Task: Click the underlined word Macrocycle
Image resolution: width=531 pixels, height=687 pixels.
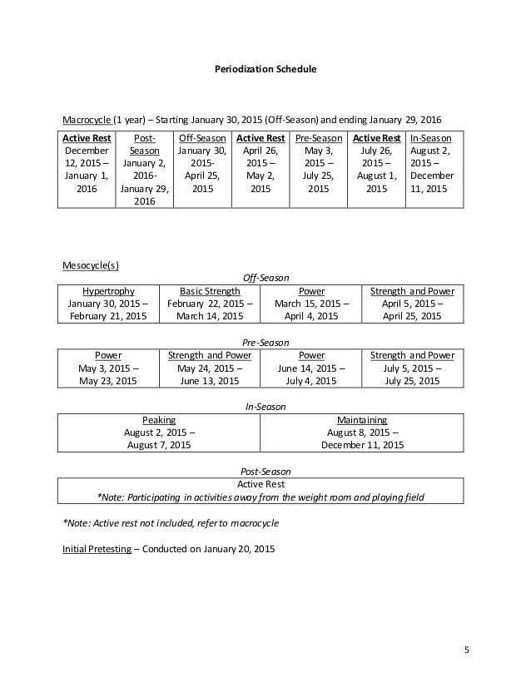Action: [87, 118]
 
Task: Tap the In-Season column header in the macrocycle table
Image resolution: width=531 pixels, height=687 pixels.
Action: [431, 138]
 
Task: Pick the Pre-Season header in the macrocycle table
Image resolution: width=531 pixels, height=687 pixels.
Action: [318, 138]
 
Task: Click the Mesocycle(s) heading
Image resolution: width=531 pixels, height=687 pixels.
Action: [91, 266]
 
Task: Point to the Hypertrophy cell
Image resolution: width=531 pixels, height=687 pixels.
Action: [107, 291]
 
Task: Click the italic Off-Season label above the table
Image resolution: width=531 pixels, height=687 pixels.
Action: [264, 279]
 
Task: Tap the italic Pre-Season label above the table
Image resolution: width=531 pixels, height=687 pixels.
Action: [264, 342]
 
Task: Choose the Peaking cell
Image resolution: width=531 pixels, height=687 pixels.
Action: [159, 420]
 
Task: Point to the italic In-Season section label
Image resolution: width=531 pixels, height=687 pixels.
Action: [264, 407]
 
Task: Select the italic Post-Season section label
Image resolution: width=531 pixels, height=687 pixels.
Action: [264, 472]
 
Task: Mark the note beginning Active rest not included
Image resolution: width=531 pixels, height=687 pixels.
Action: [171, 523]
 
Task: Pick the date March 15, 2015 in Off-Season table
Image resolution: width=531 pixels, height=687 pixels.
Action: [312, 304]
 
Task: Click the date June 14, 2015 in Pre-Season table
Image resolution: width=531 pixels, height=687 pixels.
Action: [310, 368]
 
